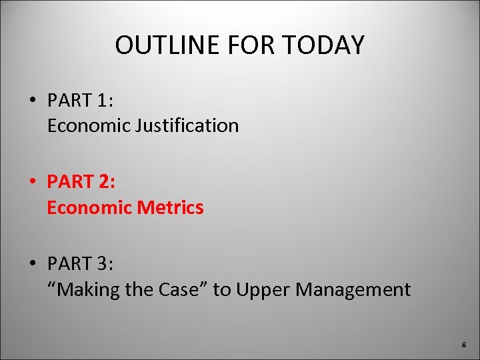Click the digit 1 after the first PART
click(x=103, y=101)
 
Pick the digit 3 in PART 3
click(x=103, y=264)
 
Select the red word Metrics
click(x=173, y=207)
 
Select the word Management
click(x=353, y=289)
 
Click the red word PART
click(x=69, y=182)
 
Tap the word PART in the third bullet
click(x=69, y=264)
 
